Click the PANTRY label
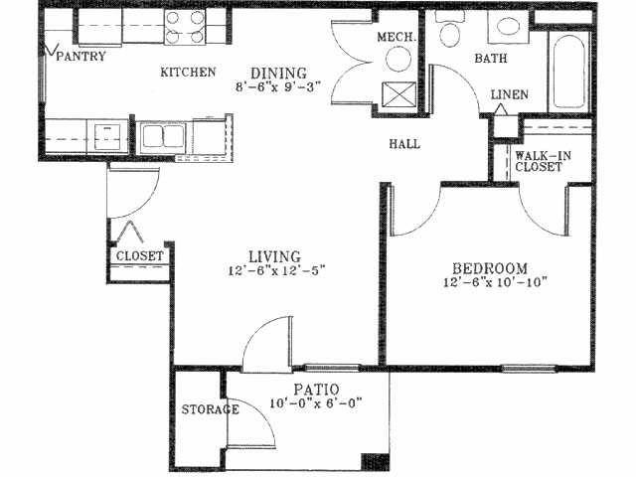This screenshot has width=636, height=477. [82, 57]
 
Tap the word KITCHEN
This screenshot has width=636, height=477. [189, 73]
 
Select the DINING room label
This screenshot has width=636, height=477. [277, 73]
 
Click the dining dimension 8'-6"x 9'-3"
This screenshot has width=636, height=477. [278, 87]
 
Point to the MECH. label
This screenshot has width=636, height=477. [395, 38]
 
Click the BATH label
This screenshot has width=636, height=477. [490, 60]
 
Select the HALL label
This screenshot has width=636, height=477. [403, 144]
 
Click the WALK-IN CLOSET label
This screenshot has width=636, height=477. [538, 161]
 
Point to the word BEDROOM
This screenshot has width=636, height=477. [489, 268]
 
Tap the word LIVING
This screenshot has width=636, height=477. [275, 255]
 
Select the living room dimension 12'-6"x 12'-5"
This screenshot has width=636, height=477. [275, 270]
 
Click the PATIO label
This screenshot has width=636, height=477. [316, 389]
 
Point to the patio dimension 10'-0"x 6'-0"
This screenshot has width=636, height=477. [316, 403]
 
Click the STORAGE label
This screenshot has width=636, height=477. [210, 409]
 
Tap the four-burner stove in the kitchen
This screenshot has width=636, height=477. [184, 28]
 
